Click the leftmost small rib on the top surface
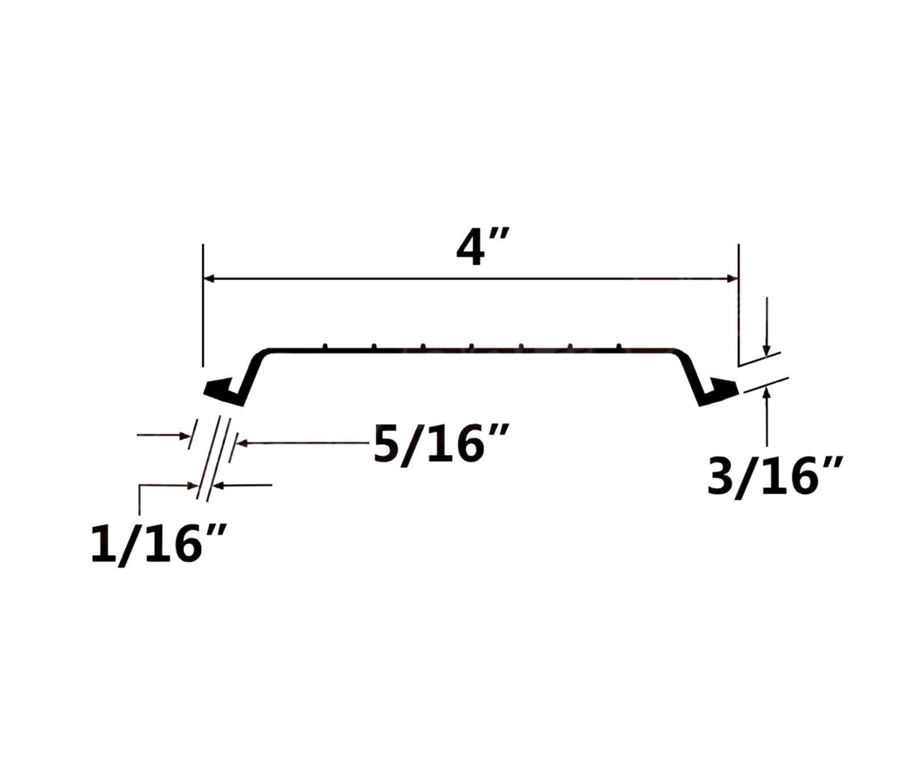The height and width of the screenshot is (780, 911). click(325, 346)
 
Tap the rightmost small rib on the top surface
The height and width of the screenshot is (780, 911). click(619, 346)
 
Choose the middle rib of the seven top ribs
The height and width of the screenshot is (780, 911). click(472, 346)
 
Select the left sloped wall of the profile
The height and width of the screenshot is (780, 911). click(251, 375)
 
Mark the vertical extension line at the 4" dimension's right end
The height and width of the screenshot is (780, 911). click(739, 300)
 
